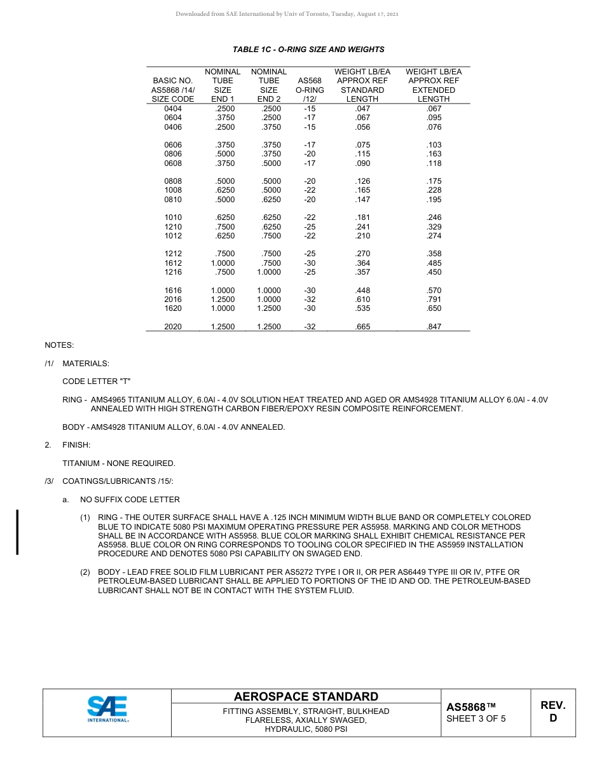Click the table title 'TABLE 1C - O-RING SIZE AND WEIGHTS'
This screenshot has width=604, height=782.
click(308, 50)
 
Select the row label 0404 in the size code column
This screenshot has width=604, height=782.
click(173, 109)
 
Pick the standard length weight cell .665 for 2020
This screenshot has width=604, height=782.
click(362, 327)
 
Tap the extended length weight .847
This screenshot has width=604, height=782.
click(434, 327)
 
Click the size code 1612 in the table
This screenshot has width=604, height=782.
click(173, 263)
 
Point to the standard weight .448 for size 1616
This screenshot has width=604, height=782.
click(362, 291)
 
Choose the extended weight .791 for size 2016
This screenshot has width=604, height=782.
click(434, 299)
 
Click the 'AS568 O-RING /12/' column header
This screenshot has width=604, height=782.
click(310, 90)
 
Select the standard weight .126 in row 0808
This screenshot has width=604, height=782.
click(362, 181)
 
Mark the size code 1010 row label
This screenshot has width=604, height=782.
click(173, 217)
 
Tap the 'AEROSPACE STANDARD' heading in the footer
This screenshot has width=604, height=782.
click(306, 697)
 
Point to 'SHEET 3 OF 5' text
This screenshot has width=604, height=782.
click(476, 719)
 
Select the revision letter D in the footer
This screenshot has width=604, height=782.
click(553, 718)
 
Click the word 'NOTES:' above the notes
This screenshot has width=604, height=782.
click(59, 345)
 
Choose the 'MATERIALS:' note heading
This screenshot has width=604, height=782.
click(86, 364)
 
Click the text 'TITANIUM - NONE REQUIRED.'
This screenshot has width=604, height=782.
click(119, 463)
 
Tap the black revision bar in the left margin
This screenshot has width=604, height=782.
click(17, 532)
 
